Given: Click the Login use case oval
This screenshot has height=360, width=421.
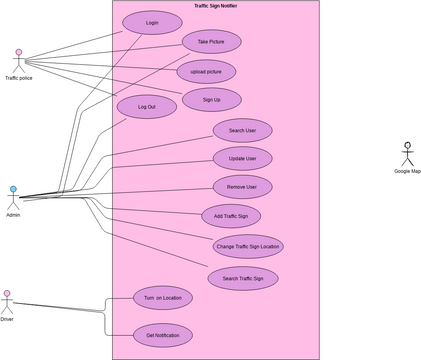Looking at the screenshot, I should (152, 22).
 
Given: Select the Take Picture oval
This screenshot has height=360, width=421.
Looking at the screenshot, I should (211, 42).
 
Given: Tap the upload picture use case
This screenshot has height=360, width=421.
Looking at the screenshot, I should (206, 71).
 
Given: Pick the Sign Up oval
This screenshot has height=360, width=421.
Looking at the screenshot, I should (211, 99).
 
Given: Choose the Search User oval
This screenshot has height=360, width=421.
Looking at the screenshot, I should (242, 131).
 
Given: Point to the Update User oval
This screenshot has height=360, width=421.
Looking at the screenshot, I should (242, 158).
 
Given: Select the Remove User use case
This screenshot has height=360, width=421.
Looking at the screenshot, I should (242, 187).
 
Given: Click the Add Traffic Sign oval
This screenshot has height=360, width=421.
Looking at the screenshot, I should (231, 215).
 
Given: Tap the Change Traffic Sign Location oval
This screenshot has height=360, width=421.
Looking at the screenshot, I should (247, 245).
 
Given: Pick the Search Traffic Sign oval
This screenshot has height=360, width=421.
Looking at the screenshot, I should (243, 278).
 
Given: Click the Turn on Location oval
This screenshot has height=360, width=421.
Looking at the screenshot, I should (162, 298).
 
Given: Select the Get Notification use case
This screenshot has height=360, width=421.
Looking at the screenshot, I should (162, 335).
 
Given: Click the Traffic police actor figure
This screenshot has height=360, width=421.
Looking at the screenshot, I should (18, 58).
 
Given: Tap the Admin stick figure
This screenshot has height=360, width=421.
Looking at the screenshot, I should (13, 197).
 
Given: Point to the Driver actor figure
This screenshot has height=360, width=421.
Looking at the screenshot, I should (7, 302).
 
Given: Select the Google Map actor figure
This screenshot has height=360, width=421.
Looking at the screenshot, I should (407, 154).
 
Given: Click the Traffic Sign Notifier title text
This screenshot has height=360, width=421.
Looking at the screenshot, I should (216, 6).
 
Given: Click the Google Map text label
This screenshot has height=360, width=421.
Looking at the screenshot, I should (407, 171).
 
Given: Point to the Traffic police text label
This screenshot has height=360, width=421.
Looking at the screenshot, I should (18, 78).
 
